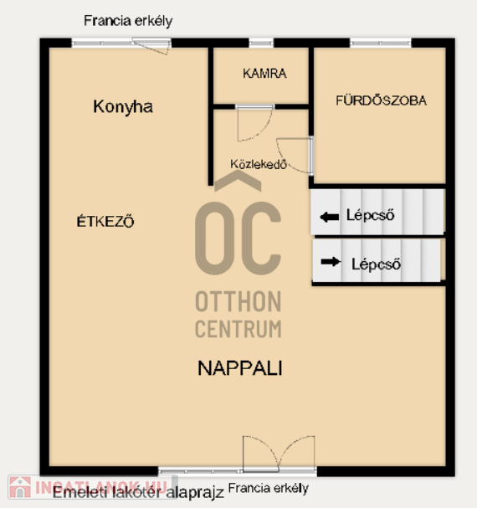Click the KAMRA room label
264,74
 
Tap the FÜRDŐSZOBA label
381,100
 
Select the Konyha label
123,107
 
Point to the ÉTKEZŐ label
105,221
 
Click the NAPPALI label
240,368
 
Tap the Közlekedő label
259,164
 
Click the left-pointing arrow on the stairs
329,217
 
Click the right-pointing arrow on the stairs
331,261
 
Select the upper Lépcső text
371,215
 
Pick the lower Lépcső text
377,264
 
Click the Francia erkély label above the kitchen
128,22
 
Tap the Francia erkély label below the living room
269,488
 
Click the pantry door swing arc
262,131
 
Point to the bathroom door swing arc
286,161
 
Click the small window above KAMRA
261,43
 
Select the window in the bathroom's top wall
381,43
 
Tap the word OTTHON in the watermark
238,301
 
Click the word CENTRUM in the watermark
238,329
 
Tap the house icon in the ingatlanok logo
20,487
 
